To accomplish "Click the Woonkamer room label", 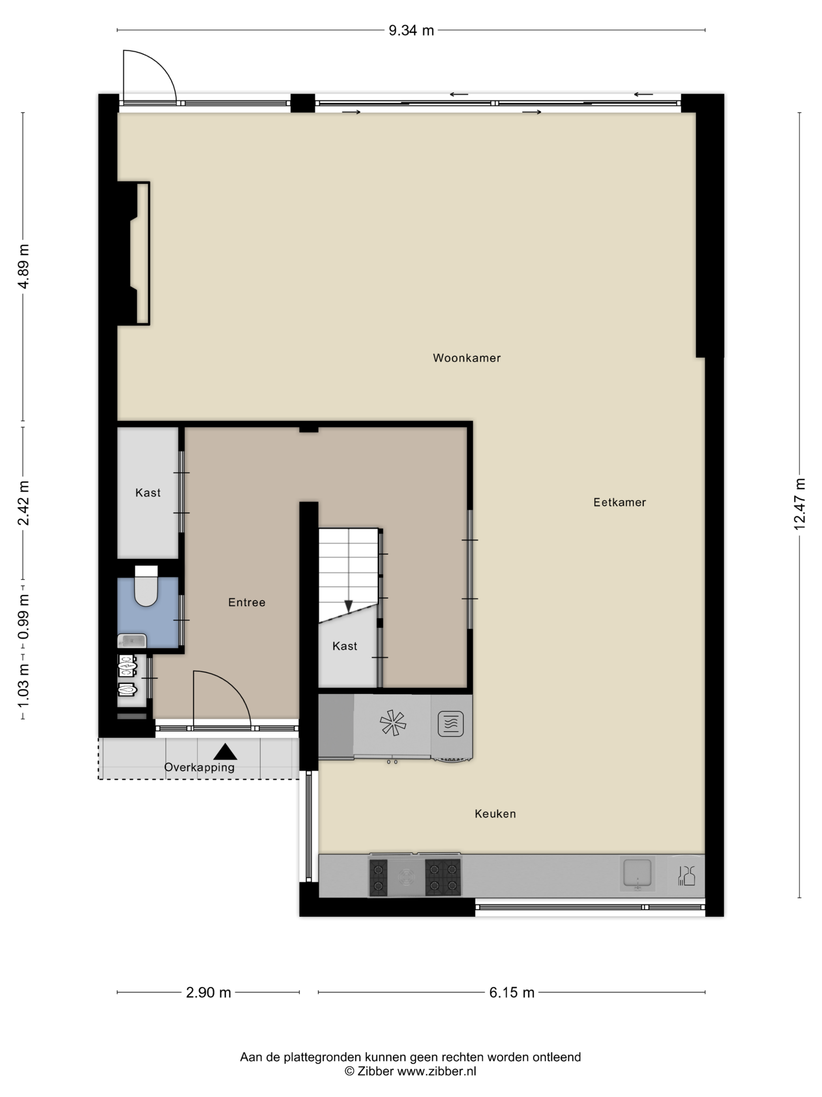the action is [466, 358].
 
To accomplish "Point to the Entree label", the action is [246, 603].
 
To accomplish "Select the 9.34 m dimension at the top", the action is [411, 31].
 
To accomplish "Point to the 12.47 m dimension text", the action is [799, 504].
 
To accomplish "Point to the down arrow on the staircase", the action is [348, 606].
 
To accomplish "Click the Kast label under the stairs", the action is [344, 646].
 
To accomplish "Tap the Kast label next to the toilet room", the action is [148, 493].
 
